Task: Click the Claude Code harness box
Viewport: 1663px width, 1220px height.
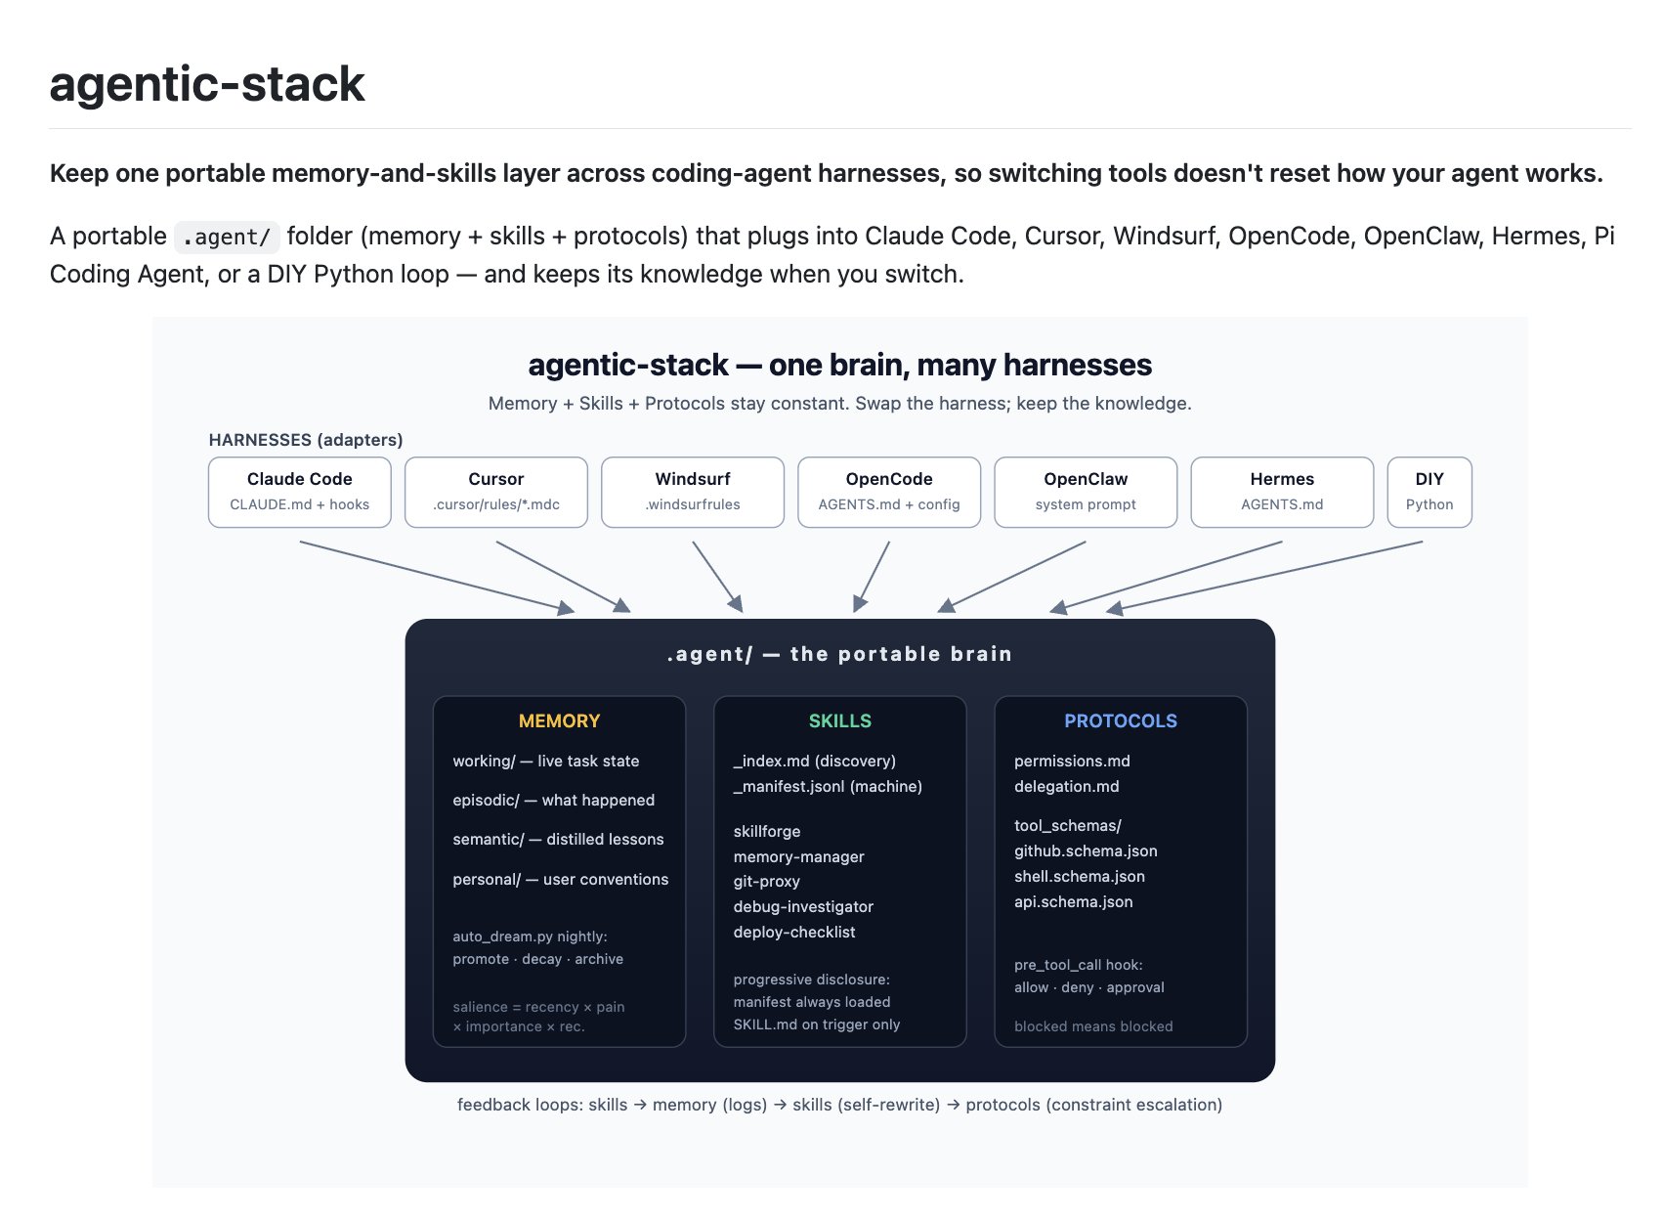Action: point(300,493)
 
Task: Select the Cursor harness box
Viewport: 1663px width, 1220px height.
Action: point(496,493)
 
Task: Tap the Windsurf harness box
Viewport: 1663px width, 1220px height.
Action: point(694,493)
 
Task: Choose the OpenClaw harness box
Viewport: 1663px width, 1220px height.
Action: point(1087,493)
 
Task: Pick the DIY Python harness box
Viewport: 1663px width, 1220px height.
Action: point(1430,493)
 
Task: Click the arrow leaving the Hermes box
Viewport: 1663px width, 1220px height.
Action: point(1167,577)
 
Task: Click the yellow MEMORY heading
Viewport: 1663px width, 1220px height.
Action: point(560,721)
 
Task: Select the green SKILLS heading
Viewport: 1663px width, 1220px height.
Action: point(840,721)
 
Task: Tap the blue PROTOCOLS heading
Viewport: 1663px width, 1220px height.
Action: point(1121,721)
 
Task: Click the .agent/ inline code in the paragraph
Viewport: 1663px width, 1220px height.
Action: point(228,238)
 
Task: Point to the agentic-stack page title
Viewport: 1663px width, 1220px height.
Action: point(207,84)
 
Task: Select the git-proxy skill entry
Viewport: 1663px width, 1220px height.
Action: point(767,882)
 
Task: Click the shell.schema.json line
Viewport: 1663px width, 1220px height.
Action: point(1081,877)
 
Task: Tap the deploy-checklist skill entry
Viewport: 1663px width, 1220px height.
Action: point(794,933)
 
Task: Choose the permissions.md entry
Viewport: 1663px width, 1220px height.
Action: point(1073,762)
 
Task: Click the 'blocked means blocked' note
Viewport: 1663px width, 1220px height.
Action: point(1094,1026)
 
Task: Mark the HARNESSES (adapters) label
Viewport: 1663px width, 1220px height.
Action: point(306,440)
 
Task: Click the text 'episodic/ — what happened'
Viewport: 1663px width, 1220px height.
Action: point(554,801)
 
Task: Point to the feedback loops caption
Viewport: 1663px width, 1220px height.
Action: point(840,1106)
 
